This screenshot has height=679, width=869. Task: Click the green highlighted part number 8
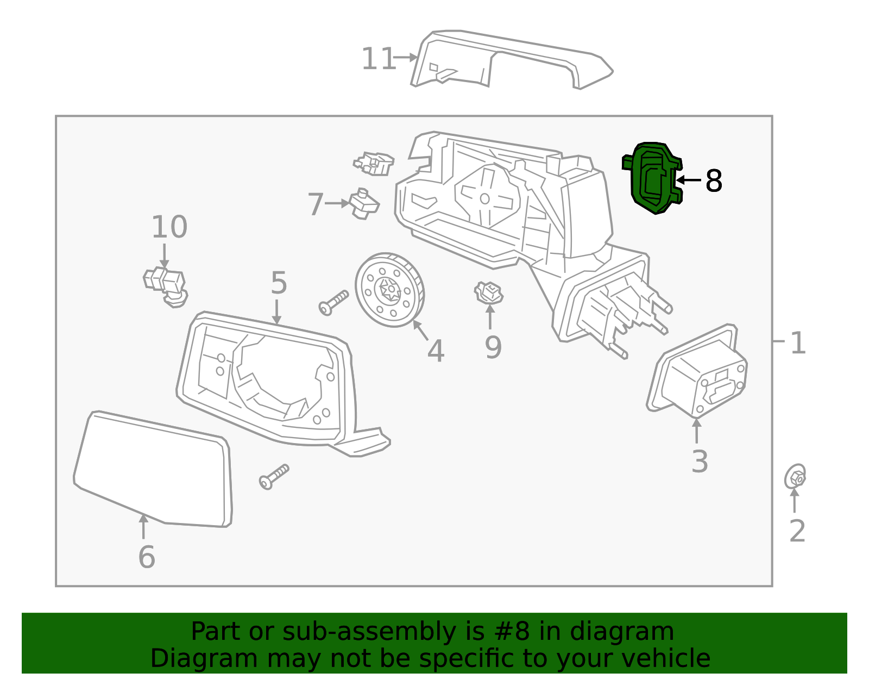click(652, 178)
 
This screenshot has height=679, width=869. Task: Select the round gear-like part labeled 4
click(389, 290)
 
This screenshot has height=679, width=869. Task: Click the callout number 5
click(279, 283)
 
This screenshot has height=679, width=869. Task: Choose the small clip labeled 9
click(488, 293)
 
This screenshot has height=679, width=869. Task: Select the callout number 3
click(700, 462)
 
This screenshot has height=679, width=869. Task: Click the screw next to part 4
click(333, 302)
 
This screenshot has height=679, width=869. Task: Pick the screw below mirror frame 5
click(274, 476)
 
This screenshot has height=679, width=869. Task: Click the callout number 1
click(797, 344)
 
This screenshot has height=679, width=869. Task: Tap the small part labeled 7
click(363, 204)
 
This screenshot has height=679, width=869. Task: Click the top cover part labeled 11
click(511, 60)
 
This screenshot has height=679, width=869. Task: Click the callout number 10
click(169, 227)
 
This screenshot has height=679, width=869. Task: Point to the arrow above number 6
click(143, 526)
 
